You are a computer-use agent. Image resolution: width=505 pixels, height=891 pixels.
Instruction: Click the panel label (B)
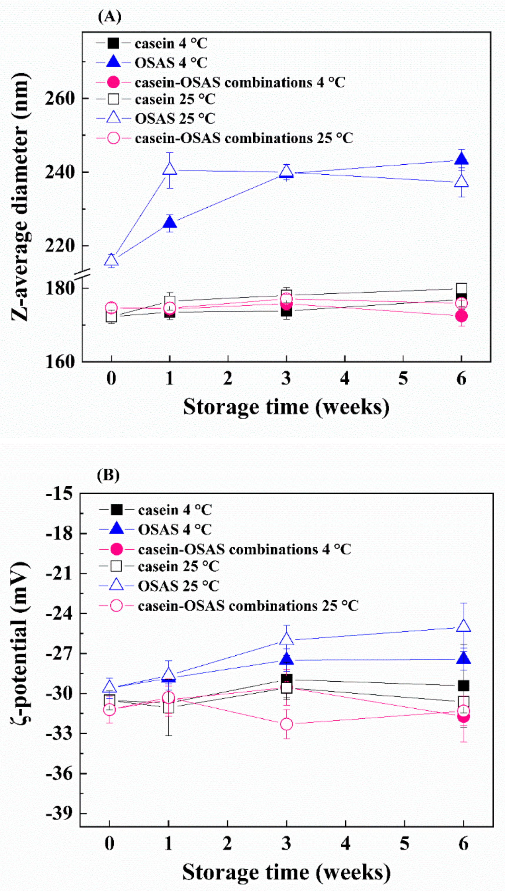[108, 475]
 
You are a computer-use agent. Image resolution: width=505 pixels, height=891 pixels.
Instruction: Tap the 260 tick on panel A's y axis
[60, 98]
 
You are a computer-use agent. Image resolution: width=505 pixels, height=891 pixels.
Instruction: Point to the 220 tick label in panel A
[60, 245]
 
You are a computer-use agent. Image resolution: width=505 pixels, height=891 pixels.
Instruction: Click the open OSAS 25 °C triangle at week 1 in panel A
[170, 169]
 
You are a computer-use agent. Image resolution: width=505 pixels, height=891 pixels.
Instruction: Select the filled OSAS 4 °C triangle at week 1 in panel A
[170, 222]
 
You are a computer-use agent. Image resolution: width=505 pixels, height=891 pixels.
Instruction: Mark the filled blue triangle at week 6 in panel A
[461, 159]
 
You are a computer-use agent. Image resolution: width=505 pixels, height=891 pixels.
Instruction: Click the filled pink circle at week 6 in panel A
[461, 316]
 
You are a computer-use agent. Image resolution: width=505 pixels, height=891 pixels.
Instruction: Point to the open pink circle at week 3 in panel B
[286, 724]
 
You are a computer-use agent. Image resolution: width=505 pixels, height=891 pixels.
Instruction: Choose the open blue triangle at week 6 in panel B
[464, 626]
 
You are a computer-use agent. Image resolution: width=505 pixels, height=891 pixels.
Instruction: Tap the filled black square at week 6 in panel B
[464, 685]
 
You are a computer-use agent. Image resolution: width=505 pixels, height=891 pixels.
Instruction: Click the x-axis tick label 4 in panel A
[344, 378]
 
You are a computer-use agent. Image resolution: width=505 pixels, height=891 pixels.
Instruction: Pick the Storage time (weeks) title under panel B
[286, 872]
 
